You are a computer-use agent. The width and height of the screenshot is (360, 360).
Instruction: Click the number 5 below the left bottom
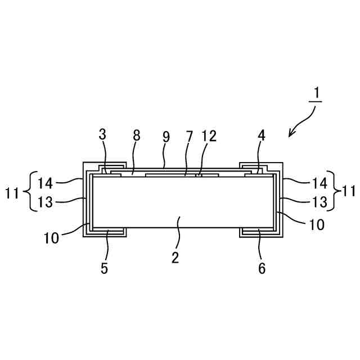(104, 268)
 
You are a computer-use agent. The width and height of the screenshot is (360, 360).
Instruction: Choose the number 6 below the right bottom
(262, 268)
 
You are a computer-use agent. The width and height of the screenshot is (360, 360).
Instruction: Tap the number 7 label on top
(189, 136)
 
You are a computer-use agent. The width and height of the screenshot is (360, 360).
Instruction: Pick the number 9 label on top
(165, 136)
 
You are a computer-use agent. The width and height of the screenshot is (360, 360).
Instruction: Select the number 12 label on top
(209, 136)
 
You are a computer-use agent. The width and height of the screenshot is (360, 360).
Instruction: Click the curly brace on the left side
(29, 191)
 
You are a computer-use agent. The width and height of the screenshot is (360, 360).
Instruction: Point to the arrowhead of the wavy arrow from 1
(290, 135)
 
